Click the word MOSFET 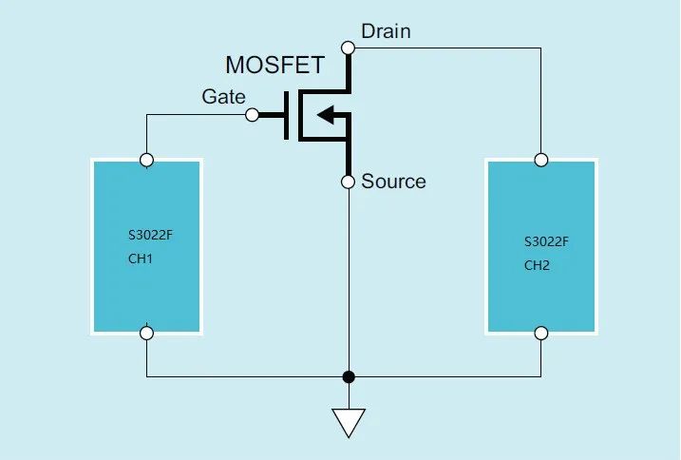[x=274, y=66]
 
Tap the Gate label [x=223, y=97]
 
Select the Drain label [x=386, y=31]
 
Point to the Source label [x=393, y=182]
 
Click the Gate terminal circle [x=252, y=115]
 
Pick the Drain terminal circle [x=349, y=47]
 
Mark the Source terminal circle [x=349, y=182]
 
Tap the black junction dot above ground [x=349, y=376]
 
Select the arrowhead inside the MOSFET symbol [x=325, y=115]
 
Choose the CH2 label [x=537, y=265]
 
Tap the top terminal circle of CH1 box [x=146, y=160]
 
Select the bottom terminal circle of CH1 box [x=146, y=333]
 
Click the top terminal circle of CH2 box [x=540, y=160]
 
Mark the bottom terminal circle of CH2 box [x=540, y=333]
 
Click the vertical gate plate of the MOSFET [x=287, y=115]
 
